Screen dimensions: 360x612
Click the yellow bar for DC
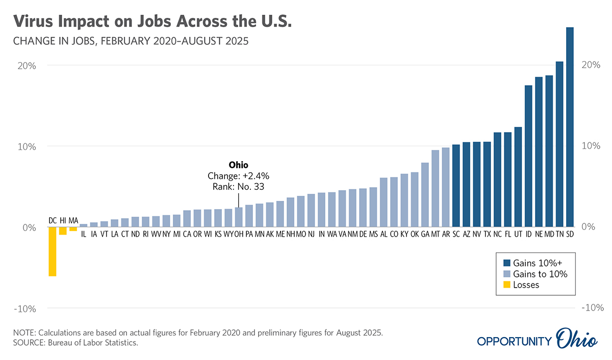pyautogui.click(x=52, y=251)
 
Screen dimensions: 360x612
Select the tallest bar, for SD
pyautogui.click(x=570, y=127)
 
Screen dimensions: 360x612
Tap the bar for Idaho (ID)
pyautogui.click(x=528, y=156)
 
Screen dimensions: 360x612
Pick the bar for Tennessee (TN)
pyautogui.click(x=559, y=144)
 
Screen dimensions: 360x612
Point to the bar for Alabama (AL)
pyautogui.click(x=384, y=202)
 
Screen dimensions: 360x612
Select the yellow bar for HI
pyautogui.click(x=63, y=231)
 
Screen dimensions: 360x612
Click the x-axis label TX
pyautogui.click(x=487, y=235)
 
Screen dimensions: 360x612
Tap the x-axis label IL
pyautogui.click(x=84, y=235)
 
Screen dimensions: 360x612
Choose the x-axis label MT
pyautogui.click(x=435, y=235)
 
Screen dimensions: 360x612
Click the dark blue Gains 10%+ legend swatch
pyautogui.click(x=506, y=263)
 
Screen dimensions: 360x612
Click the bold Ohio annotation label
pyautogui.click(x=238, y=165)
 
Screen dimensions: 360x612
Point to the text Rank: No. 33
pyautogui.click(x=238, y=187)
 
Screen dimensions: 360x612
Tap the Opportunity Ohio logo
pyautogui.click(x=538, y=341)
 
